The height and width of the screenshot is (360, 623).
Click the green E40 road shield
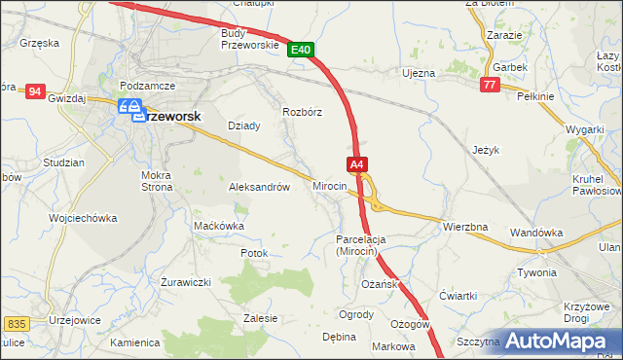301,50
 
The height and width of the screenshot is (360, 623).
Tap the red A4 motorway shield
357,165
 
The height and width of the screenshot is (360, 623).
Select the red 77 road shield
490,86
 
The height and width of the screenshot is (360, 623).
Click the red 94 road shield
36,90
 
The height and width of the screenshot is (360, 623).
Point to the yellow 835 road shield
15,323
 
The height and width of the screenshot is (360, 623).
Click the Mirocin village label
330,185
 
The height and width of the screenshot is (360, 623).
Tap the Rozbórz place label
302,112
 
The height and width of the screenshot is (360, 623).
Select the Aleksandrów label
259,187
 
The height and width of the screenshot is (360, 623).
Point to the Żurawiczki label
185,282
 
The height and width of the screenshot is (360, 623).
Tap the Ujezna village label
419,73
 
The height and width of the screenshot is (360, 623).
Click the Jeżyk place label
486,151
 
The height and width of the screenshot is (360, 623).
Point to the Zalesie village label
261,318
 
